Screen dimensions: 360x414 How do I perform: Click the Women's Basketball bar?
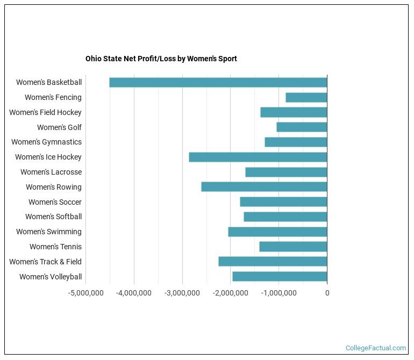tap(218, 82)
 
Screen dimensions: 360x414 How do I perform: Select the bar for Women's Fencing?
tap(306, 97)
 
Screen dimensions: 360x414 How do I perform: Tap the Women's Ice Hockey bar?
tap(258, 157)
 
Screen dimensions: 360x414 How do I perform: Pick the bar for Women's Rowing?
tap(264, 187)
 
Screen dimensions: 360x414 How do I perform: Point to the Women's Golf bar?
tap(302, 127)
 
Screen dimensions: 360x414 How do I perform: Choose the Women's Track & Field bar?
tap(273, 262)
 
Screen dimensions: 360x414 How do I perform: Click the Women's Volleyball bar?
tap(280, 276)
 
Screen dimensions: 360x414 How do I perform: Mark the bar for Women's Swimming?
tap(277, 232)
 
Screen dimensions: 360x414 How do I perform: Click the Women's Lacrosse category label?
tap(51, 172)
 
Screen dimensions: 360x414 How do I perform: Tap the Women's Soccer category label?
tap(55, 202)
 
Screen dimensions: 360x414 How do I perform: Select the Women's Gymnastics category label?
tap(46, 142)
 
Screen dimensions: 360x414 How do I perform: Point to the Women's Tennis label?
tap(55, 247)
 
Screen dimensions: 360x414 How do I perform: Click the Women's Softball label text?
tap(53, 217)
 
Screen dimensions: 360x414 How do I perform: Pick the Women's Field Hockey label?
tap(45, 112)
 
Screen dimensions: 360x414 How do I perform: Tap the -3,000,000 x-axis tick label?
tap(182, 293)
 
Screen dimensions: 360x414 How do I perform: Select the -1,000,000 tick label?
tap(279, 293)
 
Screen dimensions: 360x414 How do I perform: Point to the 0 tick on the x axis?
tap(327, 293)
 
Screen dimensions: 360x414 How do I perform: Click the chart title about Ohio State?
tap(161, 59)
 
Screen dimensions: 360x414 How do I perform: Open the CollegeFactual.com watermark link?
tap(375, 348)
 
